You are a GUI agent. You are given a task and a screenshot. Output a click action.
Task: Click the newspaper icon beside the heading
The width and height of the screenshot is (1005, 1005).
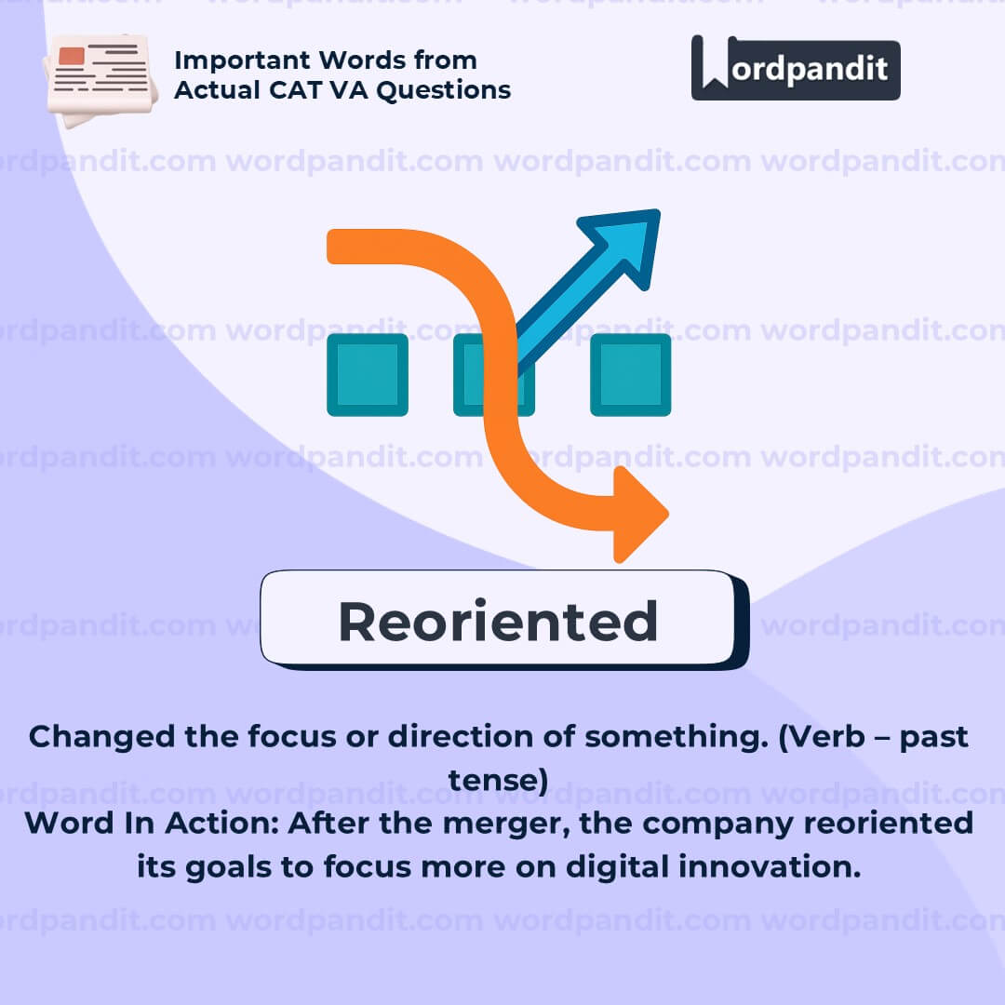100,79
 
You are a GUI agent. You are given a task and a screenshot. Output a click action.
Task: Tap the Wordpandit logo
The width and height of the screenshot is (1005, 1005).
796,68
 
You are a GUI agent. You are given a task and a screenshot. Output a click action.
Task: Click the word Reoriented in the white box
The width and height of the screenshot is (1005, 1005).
498,622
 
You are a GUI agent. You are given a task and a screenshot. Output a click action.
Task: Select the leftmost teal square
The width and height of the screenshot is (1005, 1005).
368,374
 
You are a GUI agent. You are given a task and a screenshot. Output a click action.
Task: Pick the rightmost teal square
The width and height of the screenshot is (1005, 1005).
631,374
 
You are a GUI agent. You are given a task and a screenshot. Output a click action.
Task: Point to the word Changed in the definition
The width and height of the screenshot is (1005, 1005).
102,737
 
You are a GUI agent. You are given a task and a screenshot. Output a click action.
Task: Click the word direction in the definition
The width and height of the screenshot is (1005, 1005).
461,736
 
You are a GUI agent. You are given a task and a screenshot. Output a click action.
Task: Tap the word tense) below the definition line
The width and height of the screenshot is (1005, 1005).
498,780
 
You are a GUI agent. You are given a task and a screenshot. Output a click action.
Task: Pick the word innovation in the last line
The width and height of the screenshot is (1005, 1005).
770,866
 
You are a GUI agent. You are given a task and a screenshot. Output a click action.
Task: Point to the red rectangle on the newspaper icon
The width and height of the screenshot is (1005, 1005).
71,56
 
